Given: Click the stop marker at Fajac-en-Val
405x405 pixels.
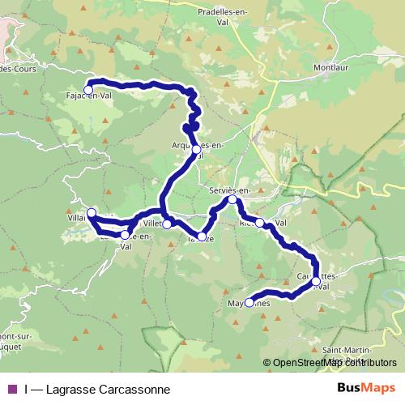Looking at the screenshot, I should coord(88,90).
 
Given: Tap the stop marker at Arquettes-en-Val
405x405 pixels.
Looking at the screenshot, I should coord(196,149).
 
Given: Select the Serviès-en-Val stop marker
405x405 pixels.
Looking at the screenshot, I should coord(232,199).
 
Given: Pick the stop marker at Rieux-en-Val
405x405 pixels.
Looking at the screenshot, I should coord(259,222).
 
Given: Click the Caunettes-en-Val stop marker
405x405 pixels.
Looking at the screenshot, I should coord(316,280).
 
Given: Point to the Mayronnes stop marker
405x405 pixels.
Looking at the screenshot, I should coord(250,303).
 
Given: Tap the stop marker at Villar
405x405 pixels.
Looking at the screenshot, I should coord(92,213).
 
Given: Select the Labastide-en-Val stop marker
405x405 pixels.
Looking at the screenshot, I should coord(125,235).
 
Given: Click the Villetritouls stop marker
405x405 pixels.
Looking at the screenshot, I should coord(166,224).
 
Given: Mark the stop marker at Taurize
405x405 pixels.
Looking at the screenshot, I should coord(202,236).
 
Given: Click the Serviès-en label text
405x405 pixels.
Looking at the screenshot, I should coord(230,189).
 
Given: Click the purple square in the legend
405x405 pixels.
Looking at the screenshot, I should coord(11,390).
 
